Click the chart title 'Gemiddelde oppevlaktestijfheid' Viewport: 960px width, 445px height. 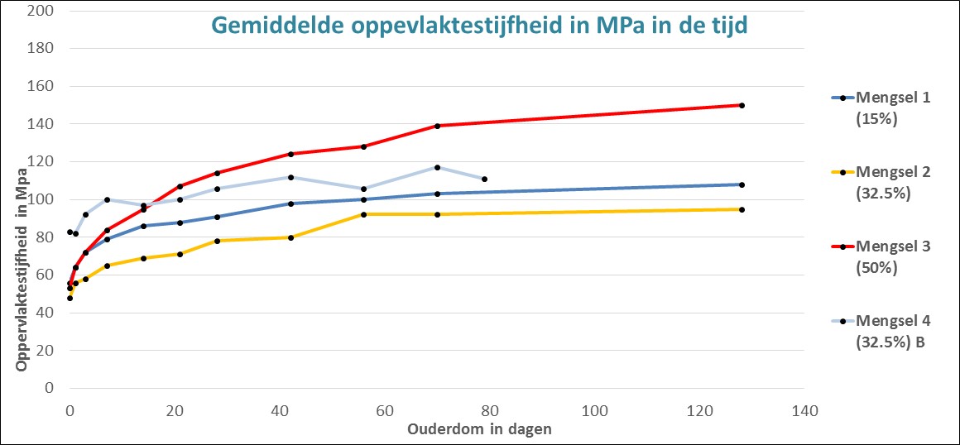coord(480,26)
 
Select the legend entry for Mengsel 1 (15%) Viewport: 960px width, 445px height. coord(877,108)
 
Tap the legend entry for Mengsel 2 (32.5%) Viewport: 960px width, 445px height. coord(877,182)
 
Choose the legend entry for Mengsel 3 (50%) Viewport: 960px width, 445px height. coord(877,256)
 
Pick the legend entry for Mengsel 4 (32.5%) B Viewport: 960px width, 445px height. coord(877,331)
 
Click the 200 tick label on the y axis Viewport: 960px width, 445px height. coord(41,11)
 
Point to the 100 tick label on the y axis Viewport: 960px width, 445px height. coord(41,199)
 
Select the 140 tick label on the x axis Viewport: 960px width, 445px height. coord(804,409)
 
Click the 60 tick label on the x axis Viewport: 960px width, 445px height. coord(385,409)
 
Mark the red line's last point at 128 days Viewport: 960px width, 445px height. coord(742,105)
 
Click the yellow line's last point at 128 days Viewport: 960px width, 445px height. coord(742,209)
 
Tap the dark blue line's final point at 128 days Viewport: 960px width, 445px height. coord(742,184)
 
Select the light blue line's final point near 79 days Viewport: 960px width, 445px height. coord(484,179)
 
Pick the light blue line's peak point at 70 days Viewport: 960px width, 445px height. coord(437,167)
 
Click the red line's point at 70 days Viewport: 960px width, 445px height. coord(437,126)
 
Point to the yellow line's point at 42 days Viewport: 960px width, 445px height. coord(290,237)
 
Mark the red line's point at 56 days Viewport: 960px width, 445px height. coord(363,146)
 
